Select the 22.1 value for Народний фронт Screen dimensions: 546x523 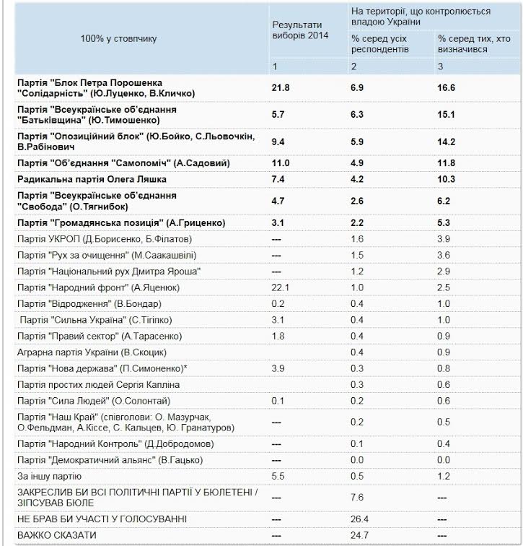(x=280, y=287)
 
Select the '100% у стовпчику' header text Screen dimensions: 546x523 (x=118, y=38)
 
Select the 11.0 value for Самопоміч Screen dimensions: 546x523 (x=280, y=163)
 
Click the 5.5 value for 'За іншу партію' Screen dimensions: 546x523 (x=278, y=476)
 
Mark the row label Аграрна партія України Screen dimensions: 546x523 (x=91, y=352)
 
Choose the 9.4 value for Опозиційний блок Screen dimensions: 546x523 (x=278, y=141)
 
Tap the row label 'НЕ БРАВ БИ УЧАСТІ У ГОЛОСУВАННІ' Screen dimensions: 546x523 (x=102, y=519)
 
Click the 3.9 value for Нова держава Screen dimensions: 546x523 (x=278, y=368)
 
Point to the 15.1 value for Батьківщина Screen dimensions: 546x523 (x=448, y=113)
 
